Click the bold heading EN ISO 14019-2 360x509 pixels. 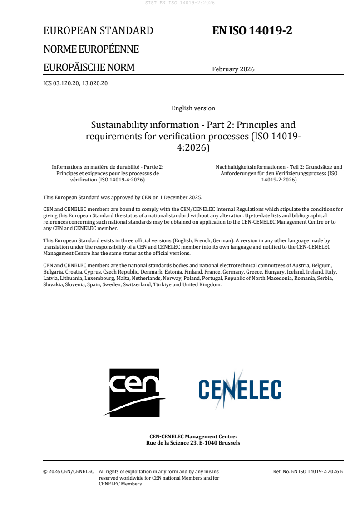[252, 31]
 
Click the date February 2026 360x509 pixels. [233, 69]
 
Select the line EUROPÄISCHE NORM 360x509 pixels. [89, 68]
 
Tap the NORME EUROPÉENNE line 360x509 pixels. [91, 49]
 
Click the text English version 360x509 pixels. [193, 108]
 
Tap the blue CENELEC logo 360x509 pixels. [240, 389]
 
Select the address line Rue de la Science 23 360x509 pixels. [193, 443]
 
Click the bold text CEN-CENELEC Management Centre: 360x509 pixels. [193, 436]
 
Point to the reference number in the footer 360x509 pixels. [308, 472]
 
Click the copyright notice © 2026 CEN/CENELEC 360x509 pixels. [69, 472]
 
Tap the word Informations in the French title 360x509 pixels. [68, 167]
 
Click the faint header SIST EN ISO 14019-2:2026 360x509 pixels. [180, 3]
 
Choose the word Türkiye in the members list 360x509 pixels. [157, 285]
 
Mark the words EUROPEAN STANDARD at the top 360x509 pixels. [98, 31]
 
